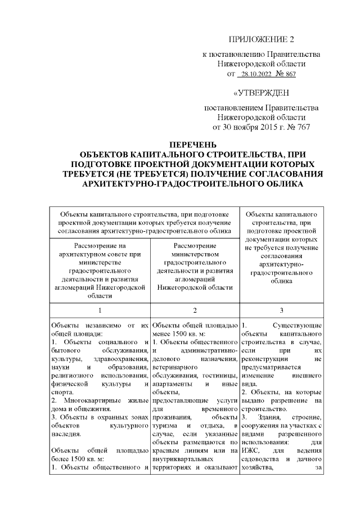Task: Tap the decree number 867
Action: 289,74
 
